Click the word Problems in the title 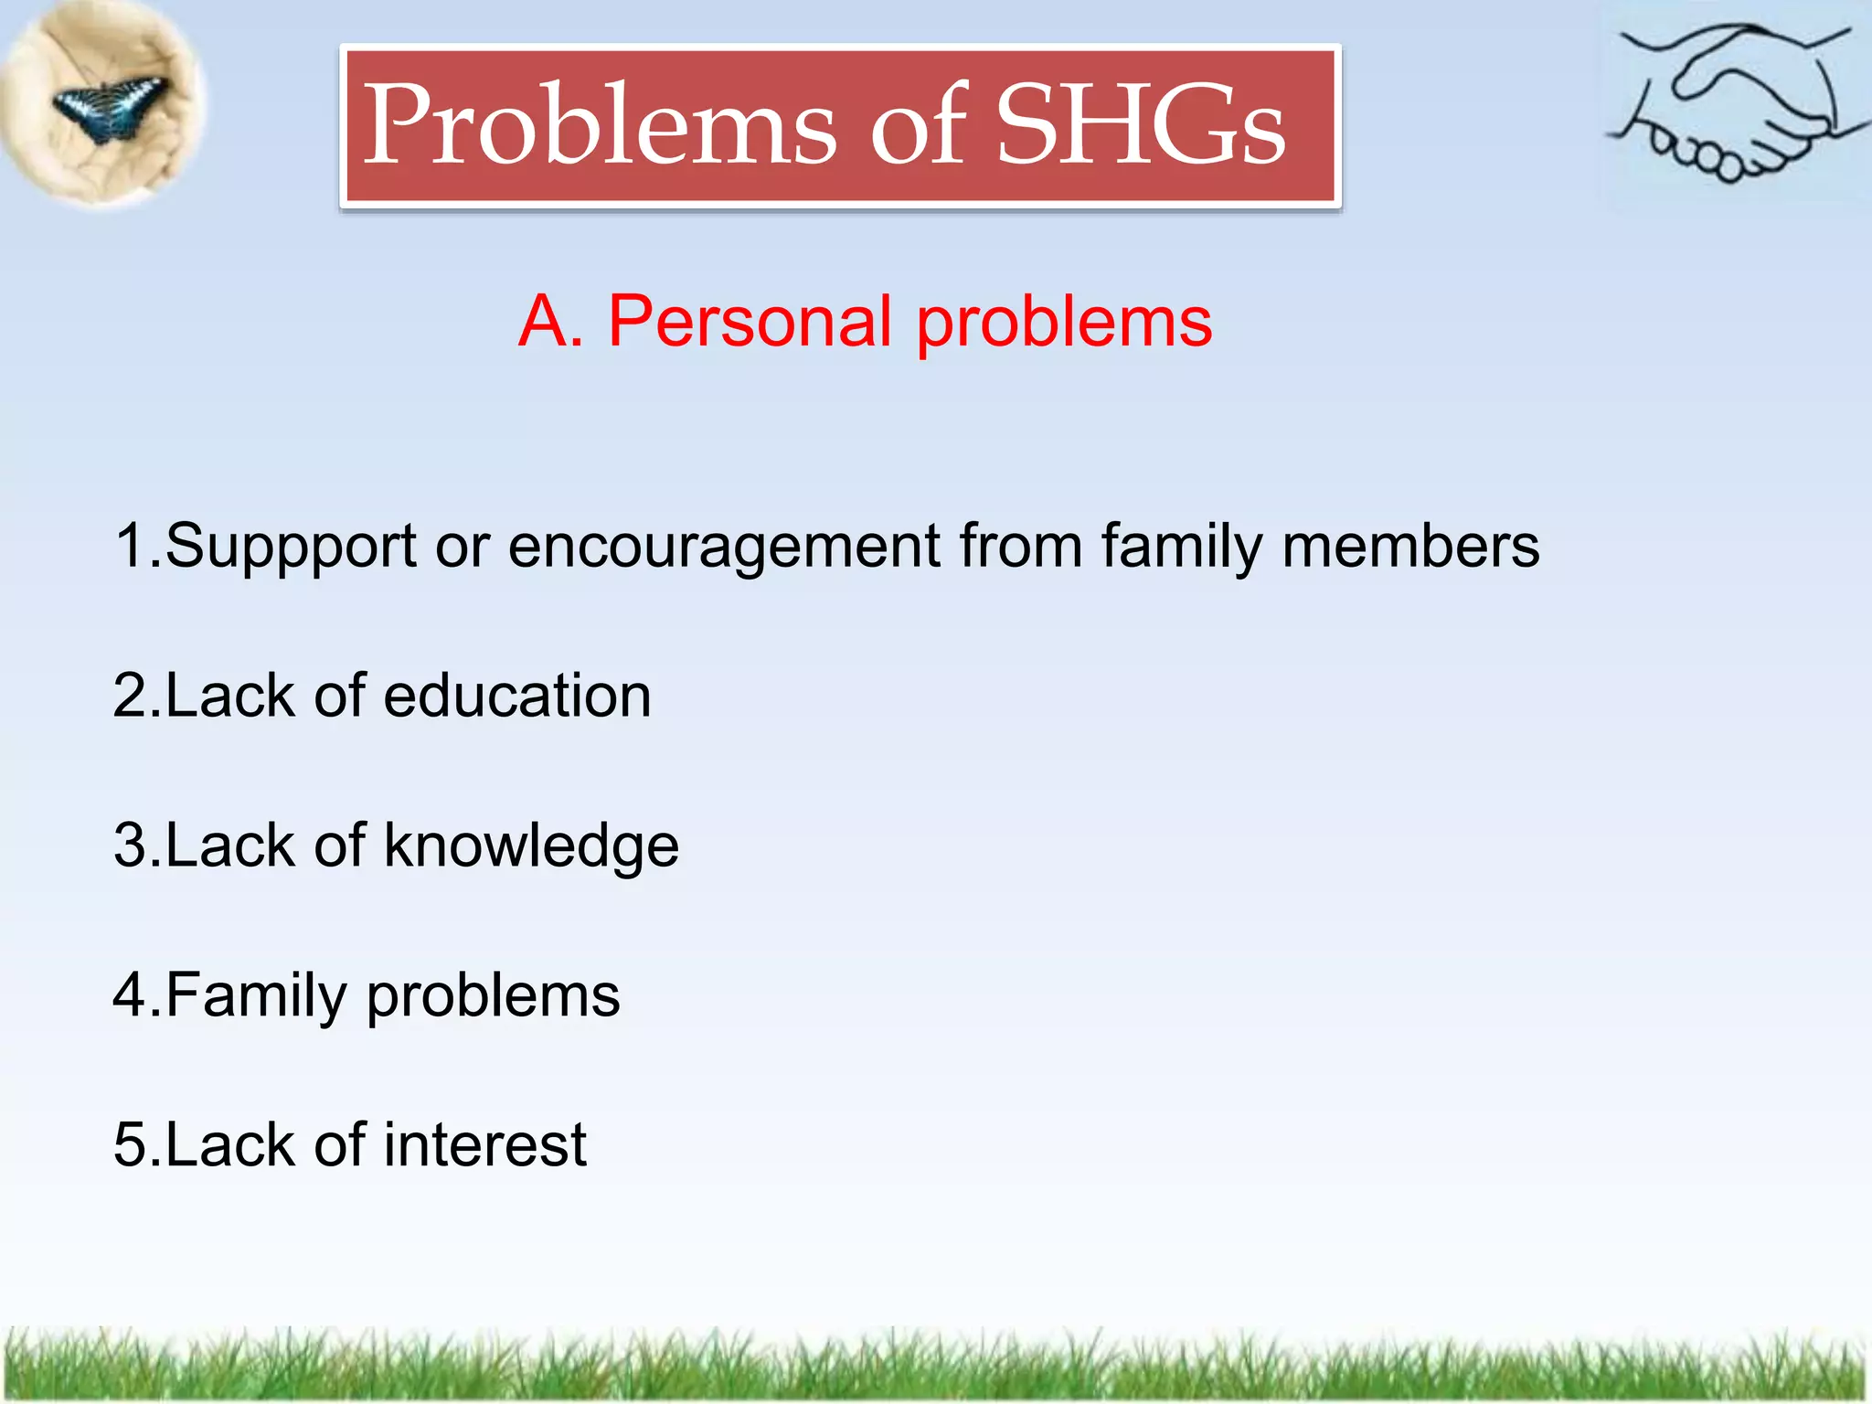click(x=599, y=126)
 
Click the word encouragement click(x=724, y=547)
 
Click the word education click(x=516, y=697)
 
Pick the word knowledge click(x=531, y=846)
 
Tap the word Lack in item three click(x=229, y=846)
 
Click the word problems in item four click(x=493, y=996)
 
